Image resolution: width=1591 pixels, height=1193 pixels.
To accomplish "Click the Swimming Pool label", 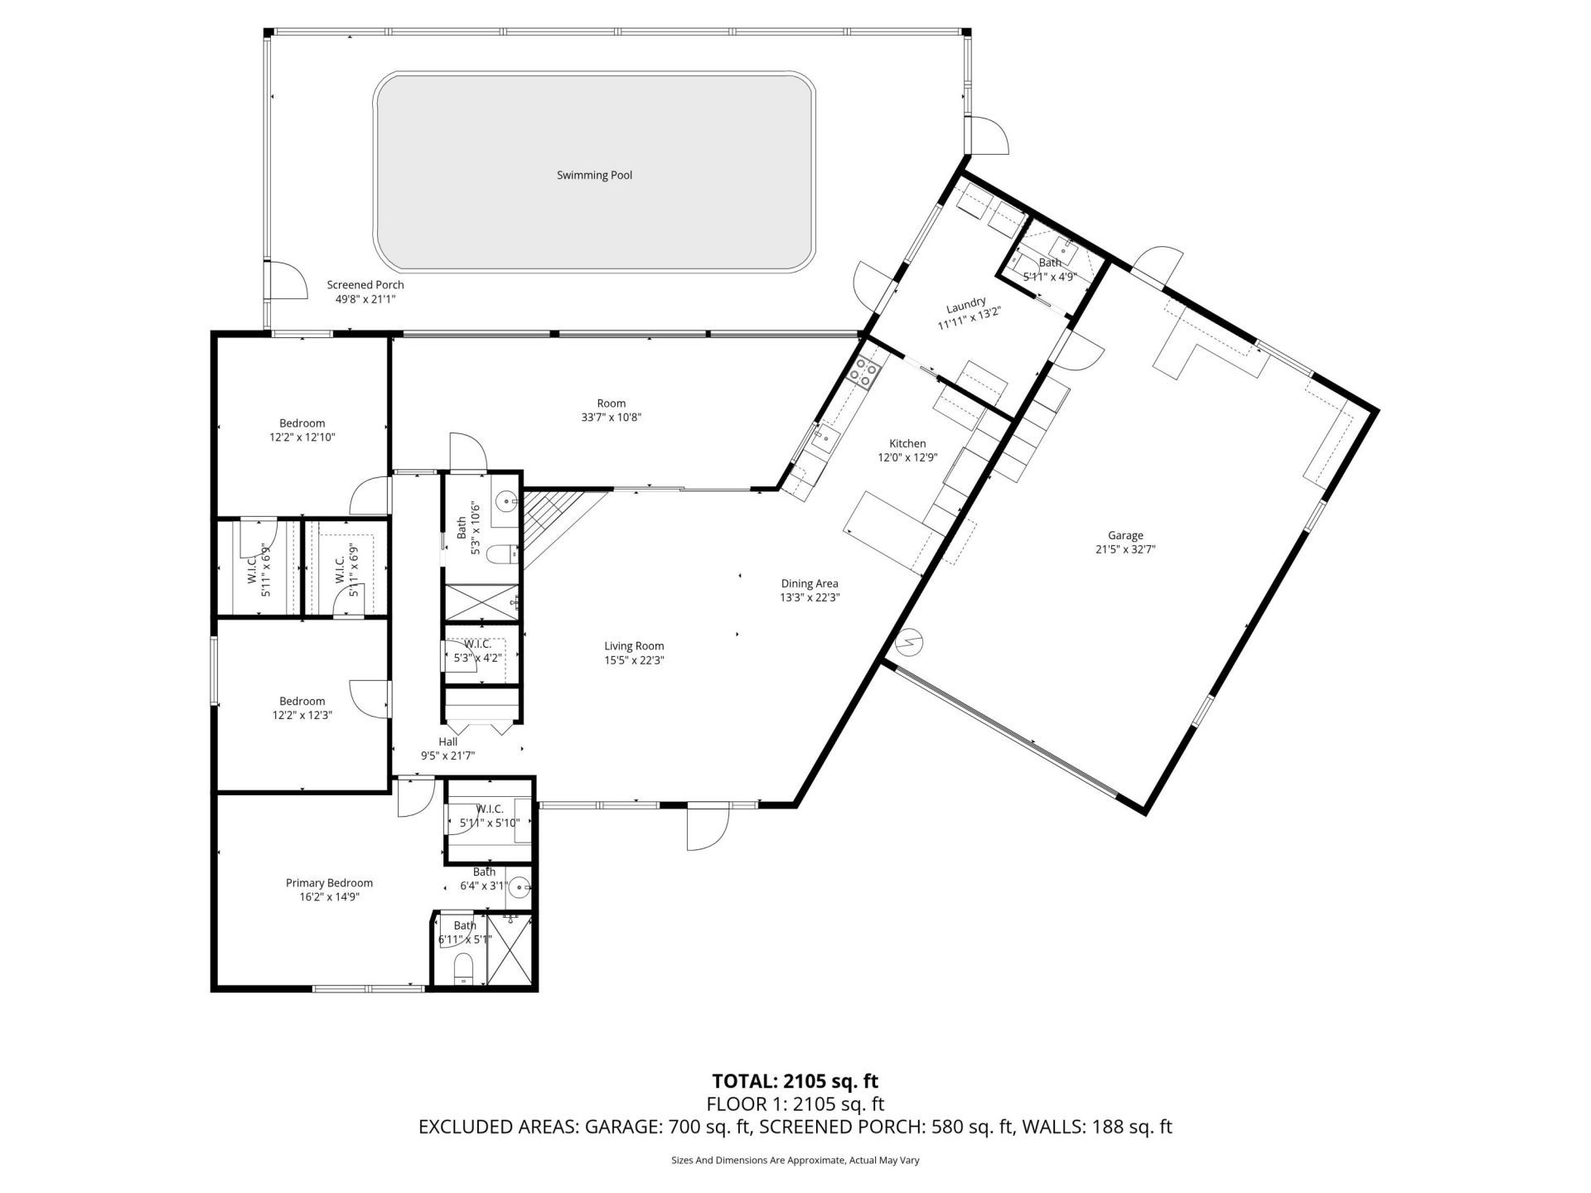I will coord(594,176).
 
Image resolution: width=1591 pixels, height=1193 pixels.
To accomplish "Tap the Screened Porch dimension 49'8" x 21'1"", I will coord(365,299).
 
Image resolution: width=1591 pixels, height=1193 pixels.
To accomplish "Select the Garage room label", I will coord(1124,535).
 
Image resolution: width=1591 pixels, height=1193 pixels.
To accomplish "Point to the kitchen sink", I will coord(824,437).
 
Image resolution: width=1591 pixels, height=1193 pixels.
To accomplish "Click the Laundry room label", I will coord(965,303).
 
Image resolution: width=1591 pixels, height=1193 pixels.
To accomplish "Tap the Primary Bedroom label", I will coord(329,883).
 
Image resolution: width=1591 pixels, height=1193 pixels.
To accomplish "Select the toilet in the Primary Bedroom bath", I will coord(464,968).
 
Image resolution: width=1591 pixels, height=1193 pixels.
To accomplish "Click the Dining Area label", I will coord(810,583).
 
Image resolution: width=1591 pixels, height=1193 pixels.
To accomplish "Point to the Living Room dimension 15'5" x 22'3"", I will coord(634,660).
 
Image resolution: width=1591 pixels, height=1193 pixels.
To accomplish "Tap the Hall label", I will coord(447,741).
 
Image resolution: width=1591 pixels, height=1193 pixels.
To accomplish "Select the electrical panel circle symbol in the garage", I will coord(912,640).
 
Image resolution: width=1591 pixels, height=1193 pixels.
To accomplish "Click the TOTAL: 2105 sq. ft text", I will coord(795,1081).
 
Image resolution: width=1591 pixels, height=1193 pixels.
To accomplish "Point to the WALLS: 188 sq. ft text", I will coord(1097,1127).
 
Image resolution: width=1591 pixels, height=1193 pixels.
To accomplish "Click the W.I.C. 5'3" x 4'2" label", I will coord(477,651).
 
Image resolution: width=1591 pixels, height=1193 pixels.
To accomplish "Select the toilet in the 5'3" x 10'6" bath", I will coord(501,554).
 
